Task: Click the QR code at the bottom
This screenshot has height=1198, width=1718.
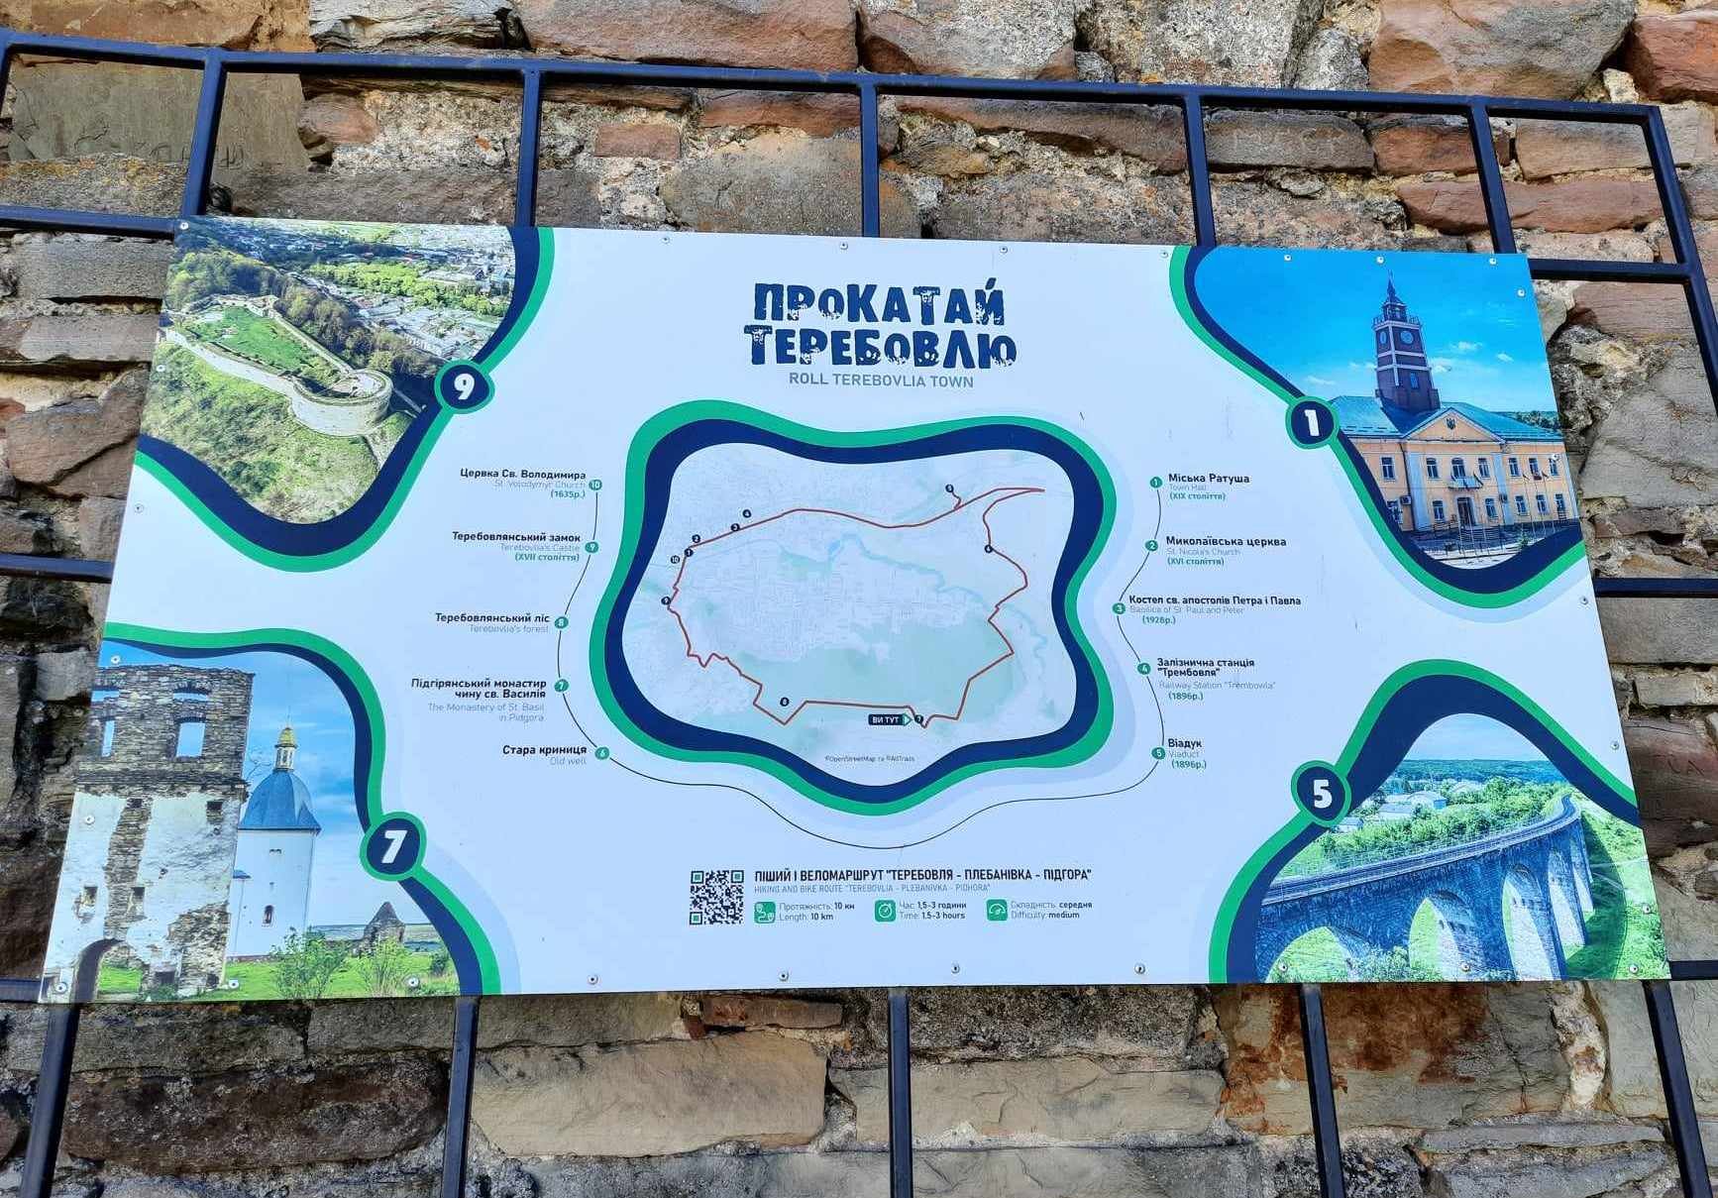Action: click(716, 897)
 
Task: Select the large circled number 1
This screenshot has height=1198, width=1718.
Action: click(1312, 423)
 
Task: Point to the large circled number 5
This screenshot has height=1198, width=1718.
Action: click(1322, 794)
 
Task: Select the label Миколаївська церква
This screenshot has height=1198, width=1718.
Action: click(1226, 542)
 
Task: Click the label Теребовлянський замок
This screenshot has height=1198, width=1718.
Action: click(516, 537)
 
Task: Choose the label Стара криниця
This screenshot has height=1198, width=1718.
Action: click(544, 750)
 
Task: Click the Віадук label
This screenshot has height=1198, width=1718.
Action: click(1184, 743)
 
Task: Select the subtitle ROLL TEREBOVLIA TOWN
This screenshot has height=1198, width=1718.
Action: click(881, 381)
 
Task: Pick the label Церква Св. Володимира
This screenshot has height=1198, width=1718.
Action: click(522, 475)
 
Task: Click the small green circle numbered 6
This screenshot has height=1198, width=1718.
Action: click(602, 754)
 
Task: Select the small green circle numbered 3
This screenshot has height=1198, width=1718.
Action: click(1119, 609)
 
